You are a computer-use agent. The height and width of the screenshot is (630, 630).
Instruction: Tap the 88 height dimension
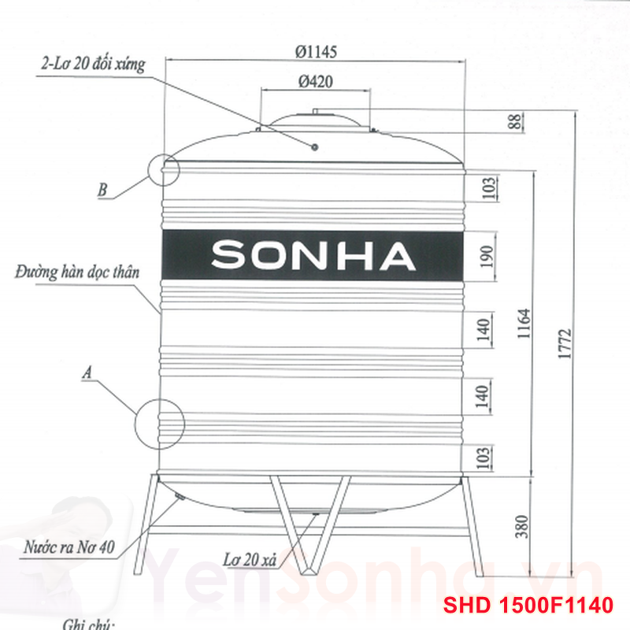(x=515, y=122)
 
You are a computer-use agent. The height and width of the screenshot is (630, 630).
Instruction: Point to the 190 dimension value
(x=486, y=257)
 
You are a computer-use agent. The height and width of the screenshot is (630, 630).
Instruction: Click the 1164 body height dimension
(x=525, y=323)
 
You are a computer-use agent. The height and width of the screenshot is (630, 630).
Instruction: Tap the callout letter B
(x=102, y=190)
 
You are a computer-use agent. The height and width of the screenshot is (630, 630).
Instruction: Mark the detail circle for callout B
(x=164, y=168)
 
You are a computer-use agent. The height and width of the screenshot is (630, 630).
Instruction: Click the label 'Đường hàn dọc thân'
(x=76, y=274)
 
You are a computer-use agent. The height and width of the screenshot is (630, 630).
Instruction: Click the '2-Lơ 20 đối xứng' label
(x=93, y=65)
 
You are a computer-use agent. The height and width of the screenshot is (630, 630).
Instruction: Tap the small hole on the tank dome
(x=314, y=146)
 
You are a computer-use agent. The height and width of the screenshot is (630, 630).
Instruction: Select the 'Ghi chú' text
(x=89, y=624)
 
